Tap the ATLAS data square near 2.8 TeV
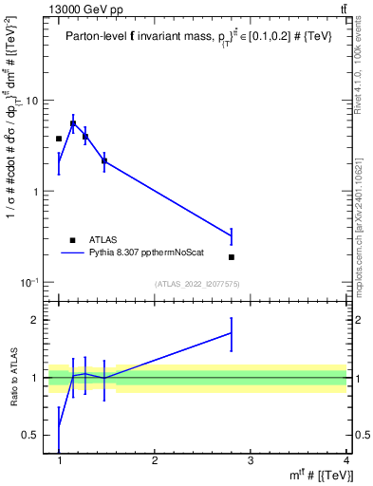pos(232,257)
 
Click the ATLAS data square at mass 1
pos(59,139)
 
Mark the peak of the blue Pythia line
pos(73,122)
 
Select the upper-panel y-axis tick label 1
pos(35,192)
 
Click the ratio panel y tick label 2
pos(35,320)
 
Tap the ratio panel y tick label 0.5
pos(30,435)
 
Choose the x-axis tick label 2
pos(155,461)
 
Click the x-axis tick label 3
pos(251,461)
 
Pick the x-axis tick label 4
pos(345,461)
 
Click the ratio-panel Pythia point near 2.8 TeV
pos(232,332)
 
